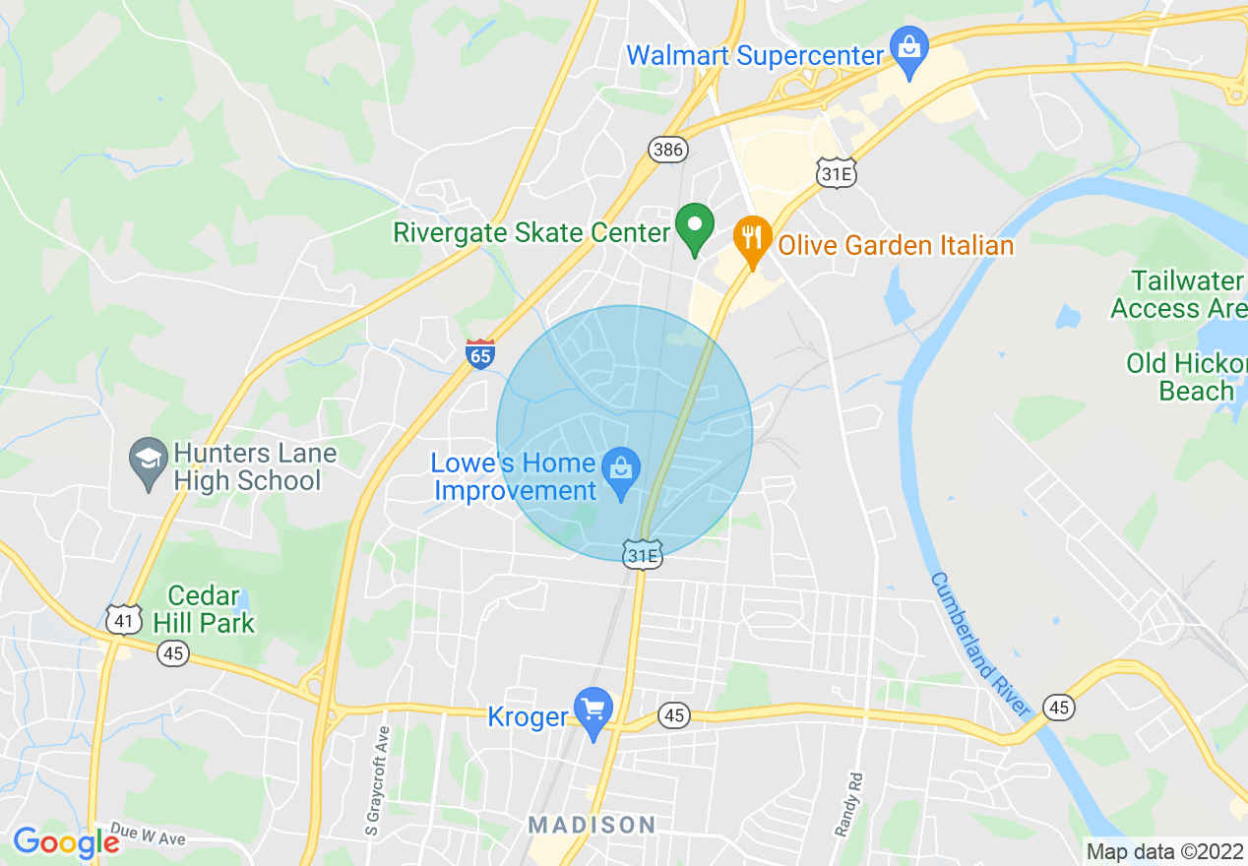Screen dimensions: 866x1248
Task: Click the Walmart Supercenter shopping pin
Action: click(908, 50)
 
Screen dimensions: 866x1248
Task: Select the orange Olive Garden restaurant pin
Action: click(753, 239)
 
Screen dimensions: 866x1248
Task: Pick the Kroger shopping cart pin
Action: click(593, 711)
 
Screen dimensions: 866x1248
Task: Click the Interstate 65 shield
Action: click(479, 353)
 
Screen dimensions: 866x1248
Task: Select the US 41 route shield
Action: click(123, 619)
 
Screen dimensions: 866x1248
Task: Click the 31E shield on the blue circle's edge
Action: click(642, 555)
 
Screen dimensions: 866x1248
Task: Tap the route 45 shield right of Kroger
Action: click(673, 714)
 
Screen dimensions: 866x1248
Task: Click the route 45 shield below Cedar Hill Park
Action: click(173, 652)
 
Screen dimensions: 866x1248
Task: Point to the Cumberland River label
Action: click(980, 645)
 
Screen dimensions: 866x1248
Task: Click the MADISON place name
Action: click(592, 825)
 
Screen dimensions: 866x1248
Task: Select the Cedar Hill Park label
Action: click(211, 609)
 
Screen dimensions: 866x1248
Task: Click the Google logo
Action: click(66, 843)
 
